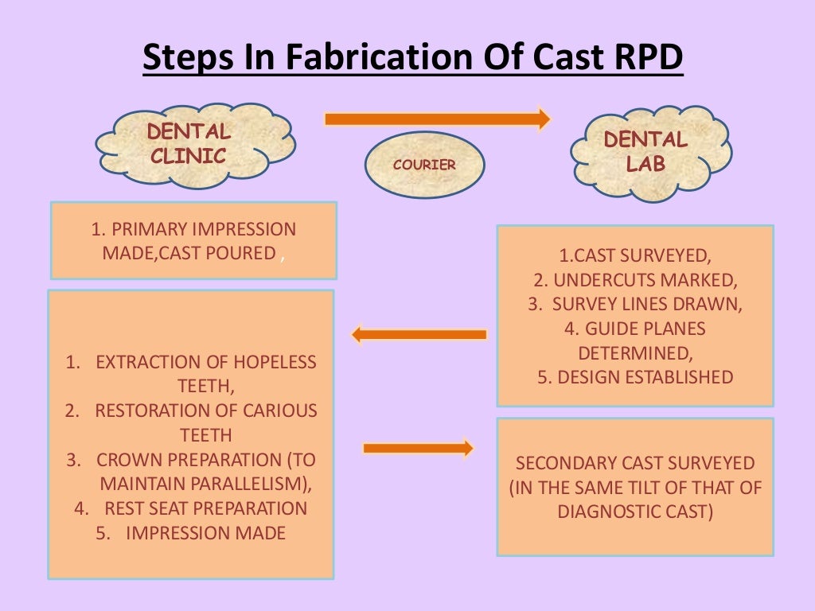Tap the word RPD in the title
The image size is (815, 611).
646,60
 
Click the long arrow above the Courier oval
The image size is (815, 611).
437,119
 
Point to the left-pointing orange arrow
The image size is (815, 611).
419,334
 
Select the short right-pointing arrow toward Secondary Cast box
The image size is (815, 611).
418,449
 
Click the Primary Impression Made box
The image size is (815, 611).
193,240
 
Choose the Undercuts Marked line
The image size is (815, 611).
634,280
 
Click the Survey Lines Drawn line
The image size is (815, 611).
634,304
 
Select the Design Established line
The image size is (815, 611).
634,376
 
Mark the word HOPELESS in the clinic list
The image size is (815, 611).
275,362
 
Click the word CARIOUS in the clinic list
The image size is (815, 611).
275,411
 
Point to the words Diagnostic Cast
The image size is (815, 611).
634,512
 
